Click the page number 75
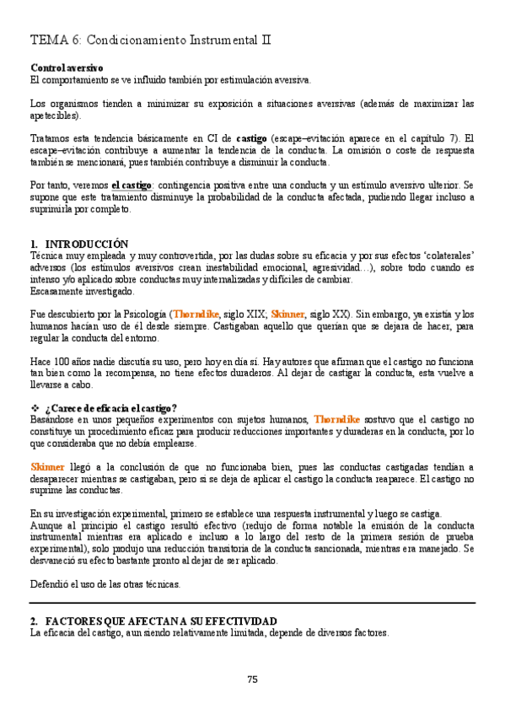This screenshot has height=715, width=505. [x=252, y=680]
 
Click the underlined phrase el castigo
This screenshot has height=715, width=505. [x=131, y=185]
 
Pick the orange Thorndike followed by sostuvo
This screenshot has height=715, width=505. [x=336, y=419]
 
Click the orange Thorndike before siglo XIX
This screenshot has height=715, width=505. [x=198, y=314]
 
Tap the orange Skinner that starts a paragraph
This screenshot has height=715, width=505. [x=47, y=467]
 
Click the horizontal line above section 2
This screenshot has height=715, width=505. [x=252, y=604]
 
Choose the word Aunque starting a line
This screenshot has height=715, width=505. [x=48, y=525]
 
